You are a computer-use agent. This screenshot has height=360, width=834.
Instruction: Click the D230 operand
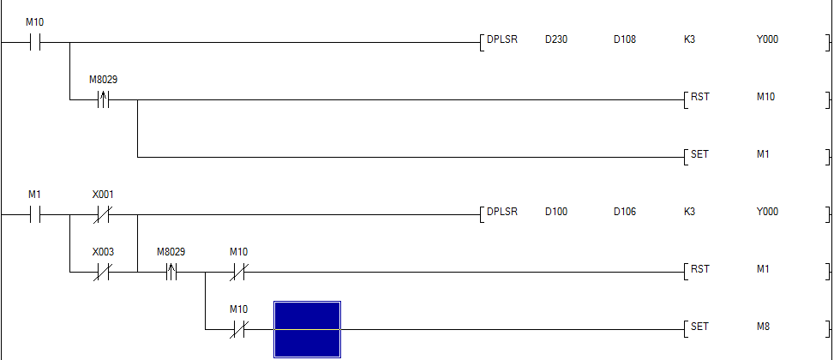(x=555, y=39)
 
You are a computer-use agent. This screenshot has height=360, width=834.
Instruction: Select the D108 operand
(x=624, y=39)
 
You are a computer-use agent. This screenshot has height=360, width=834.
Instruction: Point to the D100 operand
(x=555, y=212)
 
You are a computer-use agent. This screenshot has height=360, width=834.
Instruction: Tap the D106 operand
(x=624, y=212)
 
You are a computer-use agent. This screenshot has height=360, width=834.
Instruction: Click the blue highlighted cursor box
(x=307, y=328)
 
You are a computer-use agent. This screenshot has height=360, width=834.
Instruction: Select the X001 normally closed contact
(x=103, y=214)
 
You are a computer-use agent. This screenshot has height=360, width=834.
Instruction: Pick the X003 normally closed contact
(x=103, y=272)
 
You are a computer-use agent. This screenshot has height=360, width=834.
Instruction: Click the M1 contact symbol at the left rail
(x=35, y=214)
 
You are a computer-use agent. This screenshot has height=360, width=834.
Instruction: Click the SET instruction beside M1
(x=700, y=154)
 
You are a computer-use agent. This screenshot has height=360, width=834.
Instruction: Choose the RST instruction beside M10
(x=700, y=97)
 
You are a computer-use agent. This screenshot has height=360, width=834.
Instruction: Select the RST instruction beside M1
(x=700, y=269)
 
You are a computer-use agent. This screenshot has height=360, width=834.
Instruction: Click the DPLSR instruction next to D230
(x=501, y=39)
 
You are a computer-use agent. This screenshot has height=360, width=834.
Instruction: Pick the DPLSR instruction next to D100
(x=501, y=212)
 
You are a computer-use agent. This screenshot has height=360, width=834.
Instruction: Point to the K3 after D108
(x=689, y=39)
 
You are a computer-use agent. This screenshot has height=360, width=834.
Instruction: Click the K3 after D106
(x=689, y=212)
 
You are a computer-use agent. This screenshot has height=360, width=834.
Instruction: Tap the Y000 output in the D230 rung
(x=767, y=39)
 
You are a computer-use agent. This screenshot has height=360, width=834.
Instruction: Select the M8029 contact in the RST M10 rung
(x=103, y=99)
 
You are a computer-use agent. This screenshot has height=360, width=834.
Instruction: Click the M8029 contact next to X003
(x=171, y=272)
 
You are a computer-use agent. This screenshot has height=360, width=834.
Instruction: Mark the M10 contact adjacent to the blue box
(x=238, y=328)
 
